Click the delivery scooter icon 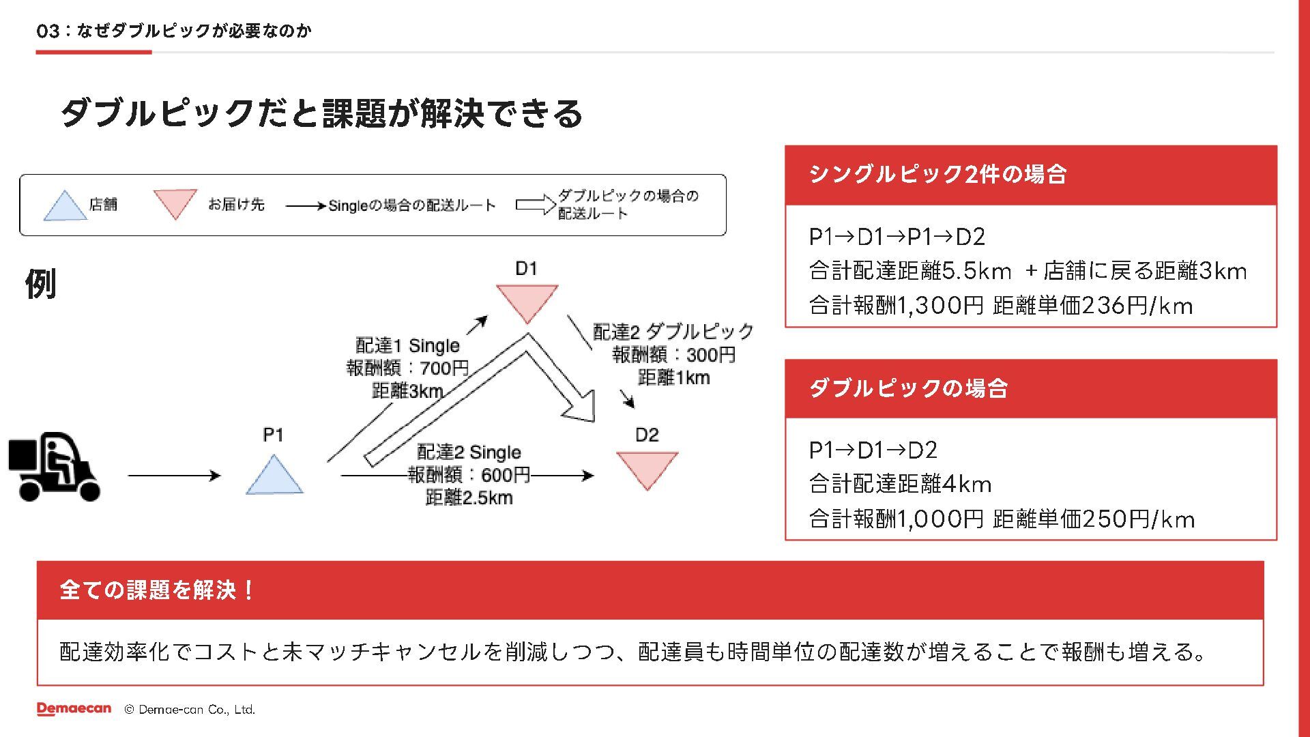54,467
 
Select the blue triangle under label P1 274,477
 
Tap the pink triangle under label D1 527,301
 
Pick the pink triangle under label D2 647,468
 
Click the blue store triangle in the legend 65,207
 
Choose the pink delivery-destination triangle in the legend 175,203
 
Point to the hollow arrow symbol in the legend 536,204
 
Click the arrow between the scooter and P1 174,476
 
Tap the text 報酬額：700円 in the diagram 407,368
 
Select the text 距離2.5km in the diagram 469,497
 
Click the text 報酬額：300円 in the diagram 673,355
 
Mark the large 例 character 40,284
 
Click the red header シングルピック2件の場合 937,175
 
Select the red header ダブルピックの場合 908,388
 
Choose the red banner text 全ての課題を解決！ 157,590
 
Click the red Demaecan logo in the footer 74,709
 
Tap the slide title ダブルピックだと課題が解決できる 321,113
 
